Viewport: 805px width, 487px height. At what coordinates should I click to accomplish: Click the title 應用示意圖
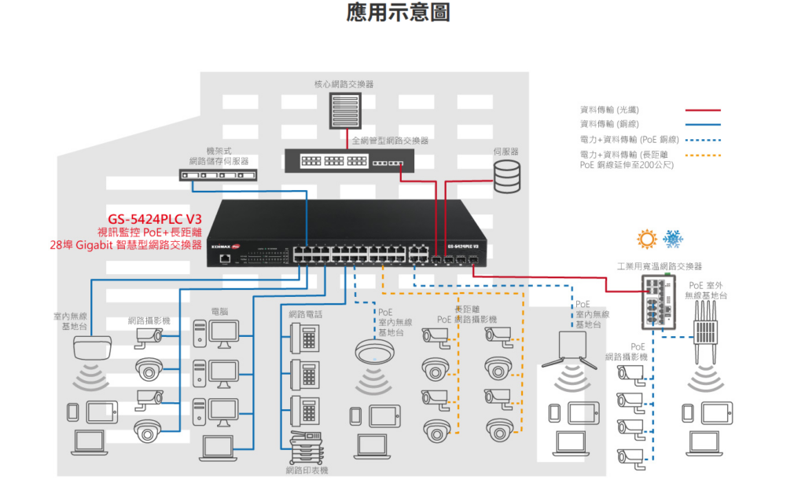point(398,13)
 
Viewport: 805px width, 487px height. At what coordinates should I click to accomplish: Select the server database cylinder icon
point(507,177)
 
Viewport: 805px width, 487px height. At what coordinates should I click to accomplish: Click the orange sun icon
point(647,239)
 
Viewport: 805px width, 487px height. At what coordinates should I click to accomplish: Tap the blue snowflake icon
point(673,239)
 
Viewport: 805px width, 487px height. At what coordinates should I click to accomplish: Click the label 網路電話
point(305,313)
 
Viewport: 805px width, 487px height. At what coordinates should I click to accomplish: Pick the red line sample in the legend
point(702,111)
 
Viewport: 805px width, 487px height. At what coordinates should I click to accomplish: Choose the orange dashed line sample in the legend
point(702,155)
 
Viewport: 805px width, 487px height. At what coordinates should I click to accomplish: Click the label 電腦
point(219,312)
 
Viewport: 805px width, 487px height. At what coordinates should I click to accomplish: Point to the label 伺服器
point(506,151)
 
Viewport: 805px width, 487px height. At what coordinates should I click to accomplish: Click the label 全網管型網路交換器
point(390,141)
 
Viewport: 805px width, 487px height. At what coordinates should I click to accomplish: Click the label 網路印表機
point(307,470)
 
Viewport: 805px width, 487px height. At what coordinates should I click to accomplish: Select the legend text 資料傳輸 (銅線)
point(609,124)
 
